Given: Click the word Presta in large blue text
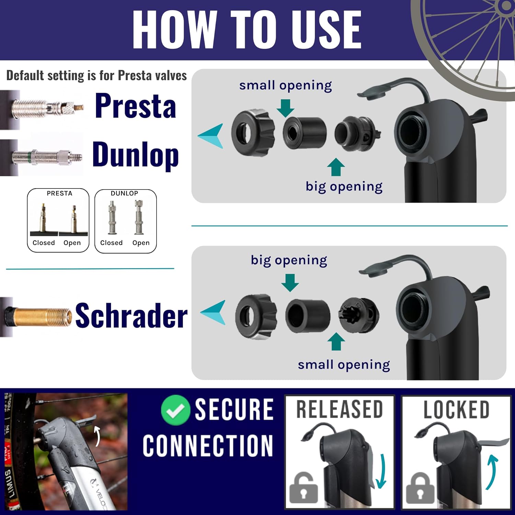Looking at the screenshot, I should click(136, 106).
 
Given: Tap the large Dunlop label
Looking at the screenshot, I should click(136, 155).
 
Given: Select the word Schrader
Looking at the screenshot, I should click(131, 315).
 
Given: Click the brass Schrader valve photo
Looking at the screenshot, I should click(39, 317).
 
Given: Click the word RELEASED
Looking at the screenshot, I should click(339, 409).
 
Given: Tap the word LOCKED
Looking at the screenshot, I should click(456, 410).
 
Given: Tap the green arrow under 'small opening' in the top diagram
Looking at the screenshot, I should click(285, 108).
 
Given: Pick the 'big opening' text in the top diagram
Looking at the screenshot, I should click(344, 186).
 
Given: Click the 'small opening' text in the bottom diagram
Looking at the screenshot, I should click(344, 365).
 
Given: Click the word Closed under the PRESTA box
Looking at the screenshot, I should click(44, 243).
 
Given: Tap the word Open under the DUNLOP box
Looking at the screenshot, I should click(141, 243).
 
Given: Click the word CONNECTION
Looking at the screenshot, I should click(208, 446).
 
